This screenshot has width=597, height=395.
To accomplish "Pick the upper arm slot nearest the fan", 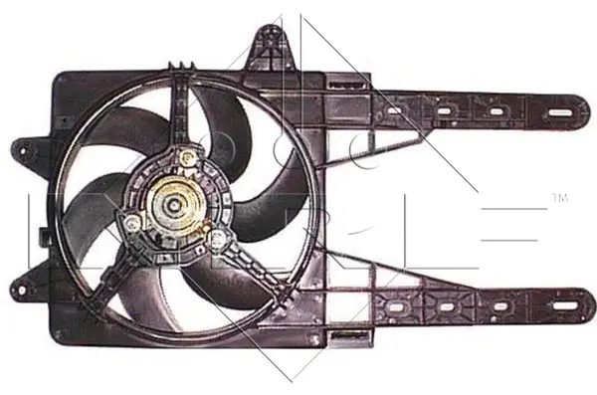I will [395, 109].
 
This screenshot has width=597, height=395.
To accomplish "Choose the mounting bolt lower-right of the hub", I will [216, 236].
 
